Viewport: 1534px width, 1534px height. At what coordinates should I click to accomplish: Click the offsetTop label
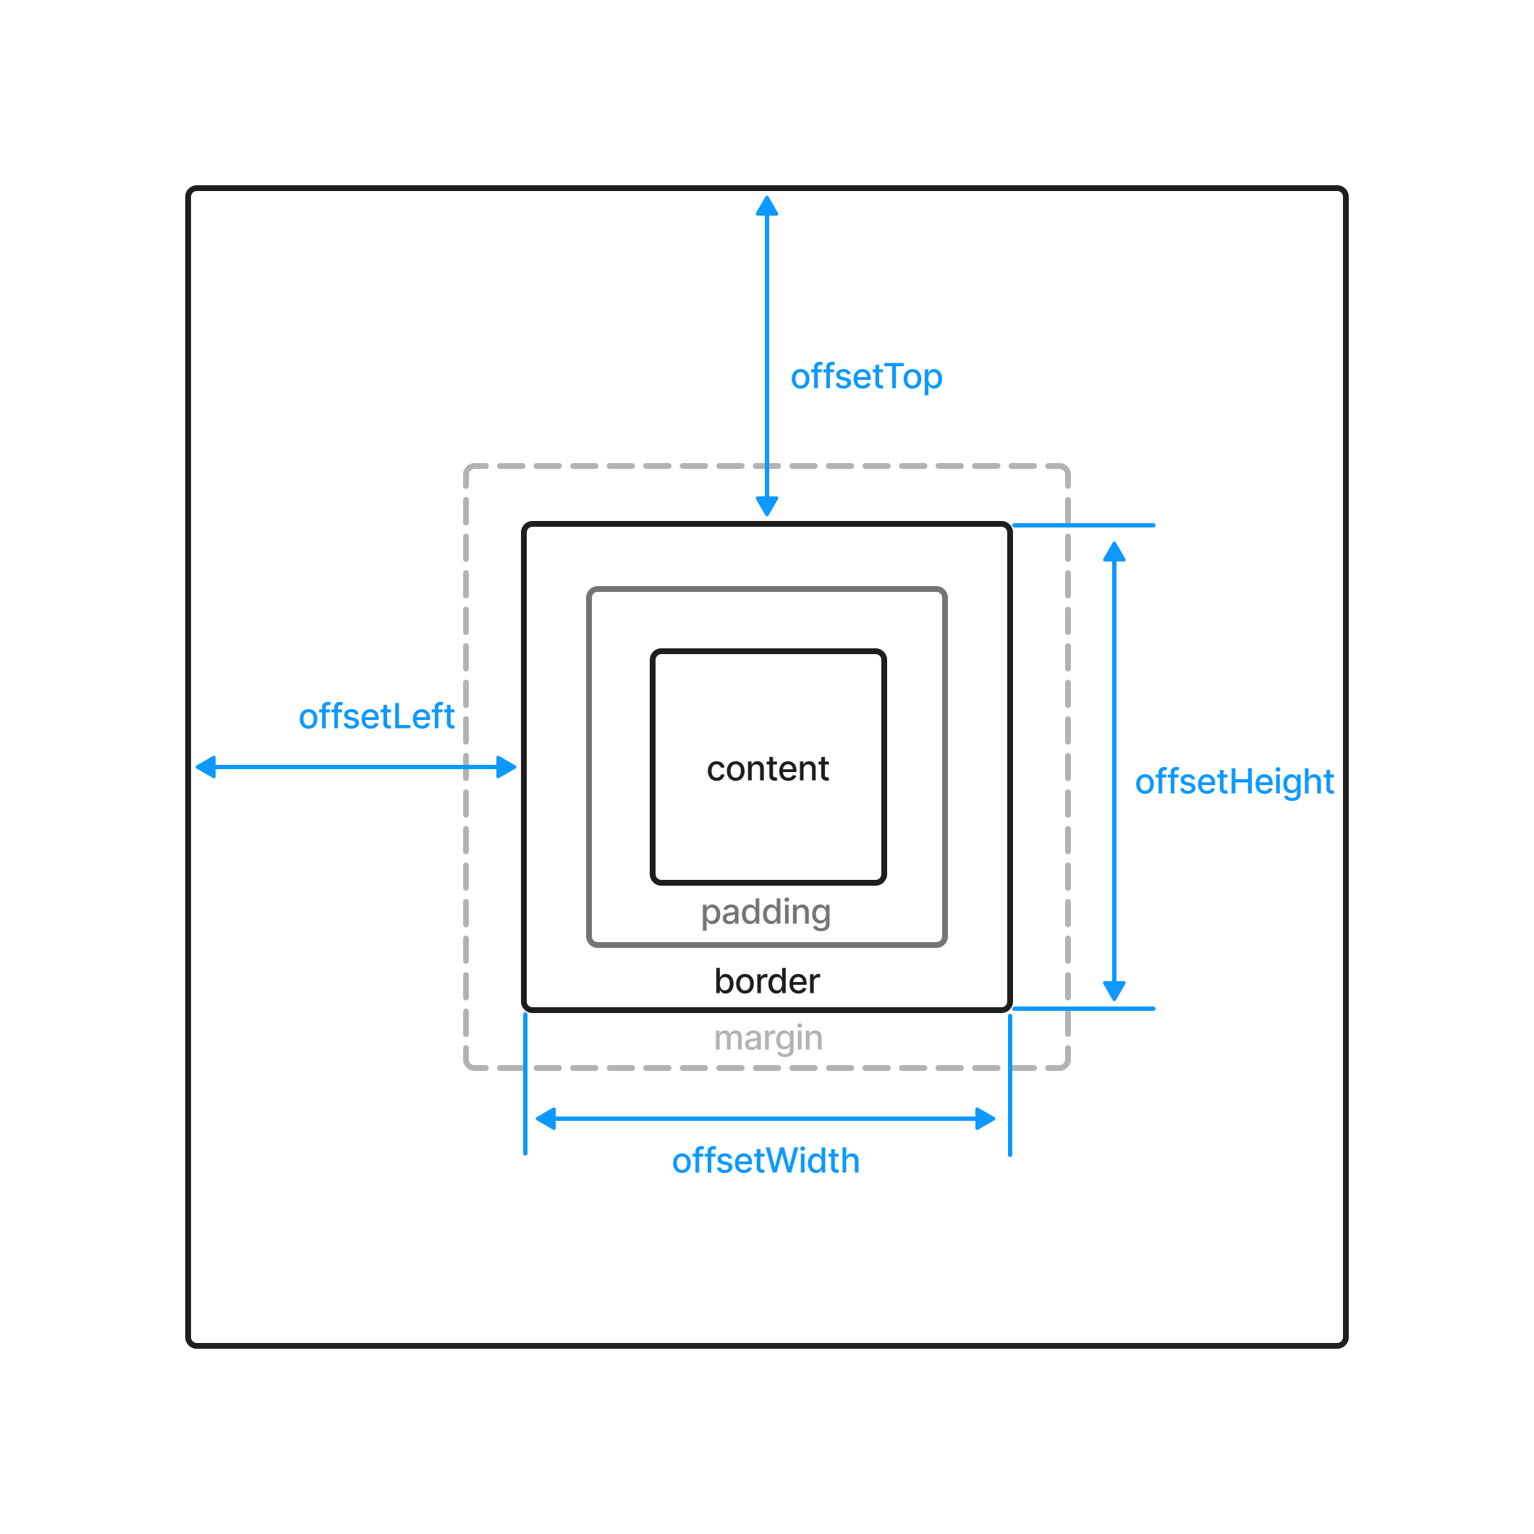tap(866, 377)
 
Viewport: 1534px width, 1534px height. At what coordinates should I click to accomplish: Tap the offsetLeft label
tap(376, 716)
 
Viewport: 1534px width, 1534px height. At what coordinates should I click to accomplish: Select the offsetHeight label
tap(1234, 782)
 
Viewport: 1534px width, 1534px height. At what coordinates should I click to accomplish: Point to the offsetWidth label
tap(766, 1161)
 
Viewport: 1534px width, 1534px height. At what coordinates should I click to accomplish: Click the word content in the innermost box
tap(768, 768)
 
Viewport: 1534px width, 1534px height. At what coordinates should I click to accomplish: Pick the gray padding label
tap(766, 912)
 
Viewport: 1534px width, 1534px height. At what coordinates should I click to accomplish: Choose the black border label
tap(767, 981)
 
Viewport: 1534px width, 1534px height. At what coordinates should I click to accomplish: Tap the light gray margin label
tap(768, 1038)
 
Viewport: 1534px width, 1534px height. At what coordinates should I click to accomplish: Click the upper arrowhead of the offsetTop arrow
tap(767, 206)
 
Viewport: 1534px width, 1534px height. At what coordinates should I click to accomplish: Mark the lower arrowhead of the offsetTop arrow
tap(767, 506)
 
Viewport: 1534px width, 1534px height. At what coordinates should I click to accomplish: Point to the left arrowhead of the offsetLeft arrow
tap(206, 767)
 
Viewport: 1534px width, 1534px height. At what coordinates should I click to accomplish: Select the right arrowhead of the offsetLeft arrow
tap(506, 767)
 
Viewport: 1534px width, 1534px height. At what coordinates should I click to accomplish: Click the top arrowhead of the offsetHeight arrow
tap(1114, 553)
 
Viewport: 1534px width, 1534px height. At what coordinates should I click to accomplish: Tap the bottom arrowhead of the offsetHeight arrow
tap(1114, 990)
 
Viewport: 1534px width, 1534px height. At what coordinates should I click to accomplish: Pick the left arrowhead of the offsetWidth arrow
tap(546, 1119)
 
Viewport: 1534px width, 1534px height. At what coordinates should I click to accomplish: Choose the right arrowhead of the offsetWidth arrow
tap(985, 1119)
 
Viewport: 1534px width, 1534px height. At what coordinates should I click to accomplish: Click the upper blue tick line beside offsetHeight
tap(1084, 525)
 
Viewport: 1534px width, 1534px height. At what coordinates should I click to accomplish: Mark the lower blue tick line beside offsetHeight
tap(1084, 1009)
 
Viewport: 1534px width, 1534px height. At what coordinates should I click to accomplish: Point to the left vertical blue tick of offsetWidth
tap(525, 1085)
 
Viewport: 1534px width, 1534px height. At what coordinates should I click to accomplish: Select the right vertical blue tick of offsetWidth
tap(1010, 1085)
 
